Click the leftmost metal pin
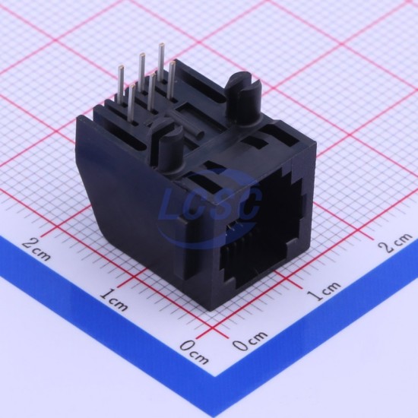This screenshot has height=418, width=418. point(121,84)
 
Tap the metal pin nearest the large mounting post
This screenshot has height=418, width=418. point(173,81)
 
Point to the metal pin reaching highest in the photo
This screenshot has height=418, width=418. point(161,62)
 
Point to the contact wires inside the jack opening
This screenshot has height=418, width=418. point(240,248)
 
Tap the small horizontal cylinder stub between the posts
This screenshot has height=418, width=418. point(196,131)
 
